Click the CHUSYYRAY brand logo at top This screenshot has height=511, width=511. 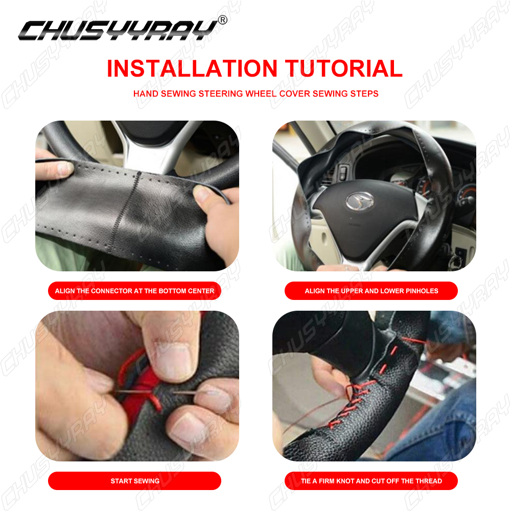click(x=119, y=30)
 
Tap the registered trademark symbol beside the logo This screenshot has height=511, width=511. click(x=223, y=20)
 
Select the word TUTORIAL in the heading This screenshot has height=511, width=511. click(x=344, y=68)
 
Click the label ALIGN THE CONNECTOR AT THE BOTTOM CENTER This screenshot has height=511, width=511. click(x=134, y=291)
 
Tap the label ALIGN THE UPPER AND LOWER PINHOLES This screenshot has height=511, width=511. click(x=371, y=291)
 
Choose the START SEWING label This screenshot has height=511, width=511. click(x=134, y=481)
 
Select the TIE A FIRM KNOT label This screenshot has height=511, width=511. click(x=371, y=481)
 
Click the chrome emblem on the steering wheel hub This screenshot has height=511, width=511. click(x=360, y=200)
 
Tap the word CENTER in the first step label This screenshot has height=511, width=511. click(x=201, y=291)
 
